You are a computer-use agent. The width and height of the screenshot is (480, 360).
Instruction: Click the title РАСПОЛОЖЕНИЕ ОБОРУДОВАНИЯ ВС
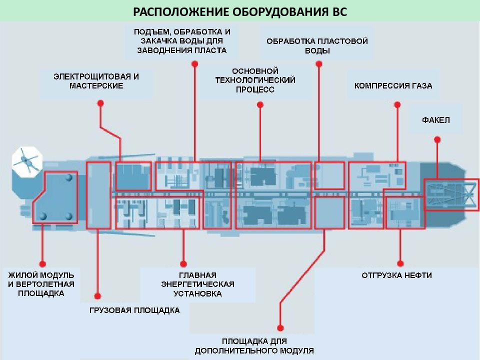pos(240,11)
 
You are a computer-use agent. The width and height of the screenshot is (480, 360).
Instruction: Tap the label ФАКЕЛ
pos(436,119)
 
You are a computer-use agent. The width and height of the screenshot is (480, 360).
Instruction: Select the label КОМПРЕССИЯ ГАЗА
pos(393,85)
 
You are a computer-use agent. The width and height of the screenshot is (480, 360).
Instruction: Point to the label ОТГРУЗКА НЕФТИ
pos(396,275)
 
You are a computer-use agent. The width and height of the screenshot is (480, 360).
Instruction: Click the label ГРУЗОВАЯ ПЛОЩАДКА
pos(134,310)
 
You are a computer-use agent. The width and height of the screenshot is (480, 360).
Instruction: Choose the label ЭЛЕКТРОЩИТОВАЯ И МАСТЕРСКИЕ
pos(96,81)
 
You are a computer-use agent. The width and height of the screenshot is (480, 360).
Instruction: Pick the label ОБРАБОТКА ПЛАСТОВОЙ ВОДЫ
pos(317,46)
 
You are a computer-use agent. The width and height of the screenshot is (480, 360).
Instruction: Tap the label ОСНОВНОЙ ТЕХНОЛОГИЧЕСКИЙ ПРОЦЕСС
pos(255,80)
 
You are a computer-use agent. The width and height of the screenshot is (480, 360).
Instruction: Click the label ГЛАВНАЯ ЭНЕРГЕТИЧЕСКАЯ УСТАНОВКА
pos(198,284)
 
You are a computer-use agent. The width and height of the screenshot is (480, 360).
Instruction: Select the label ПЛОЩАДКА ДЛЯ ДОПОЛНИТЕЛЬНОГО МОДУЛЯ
pos(254,346)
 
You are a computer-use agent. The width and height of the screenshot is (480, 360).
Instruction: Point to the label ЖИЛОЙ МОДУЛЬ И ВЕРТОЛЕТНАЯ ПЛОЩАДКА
pos(41,284)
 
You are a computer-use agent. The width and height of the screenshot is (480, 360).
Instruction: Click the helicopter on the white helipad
pos(26,160)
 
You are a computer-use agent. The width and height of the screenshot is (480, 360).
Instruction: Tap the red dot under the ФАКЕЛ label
pos(437,139)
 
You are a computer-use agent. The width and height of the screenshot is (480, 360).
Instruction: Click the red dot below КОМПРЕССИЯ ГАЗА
pos(397,104)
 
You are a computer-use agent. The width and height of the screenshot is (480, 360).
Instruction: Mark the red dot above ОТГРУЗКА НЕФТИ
pos(400,263)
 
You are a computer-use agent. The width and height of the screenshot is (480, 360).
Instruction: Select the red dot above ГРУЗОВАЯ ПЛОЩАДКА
pos(97,296)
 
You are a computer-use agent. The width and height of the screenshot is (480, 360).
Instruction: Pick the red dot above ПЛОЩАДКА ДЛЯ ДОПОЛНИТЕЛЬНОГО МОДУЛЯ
pos(280,328)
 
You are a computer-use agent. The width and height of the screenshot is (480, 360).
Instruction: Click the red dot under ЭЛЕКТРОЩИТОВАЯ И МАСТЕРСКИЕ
pos(100,103)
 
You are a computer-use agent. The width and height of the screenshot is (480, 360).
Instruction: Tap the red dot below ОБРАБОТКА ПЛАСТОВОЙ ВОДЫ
pos(318,63)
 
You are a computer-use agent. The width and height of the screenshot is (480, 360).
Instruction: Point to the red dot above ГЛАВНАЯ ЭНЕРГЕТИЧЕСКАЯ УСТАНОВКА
pos(183,263)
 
